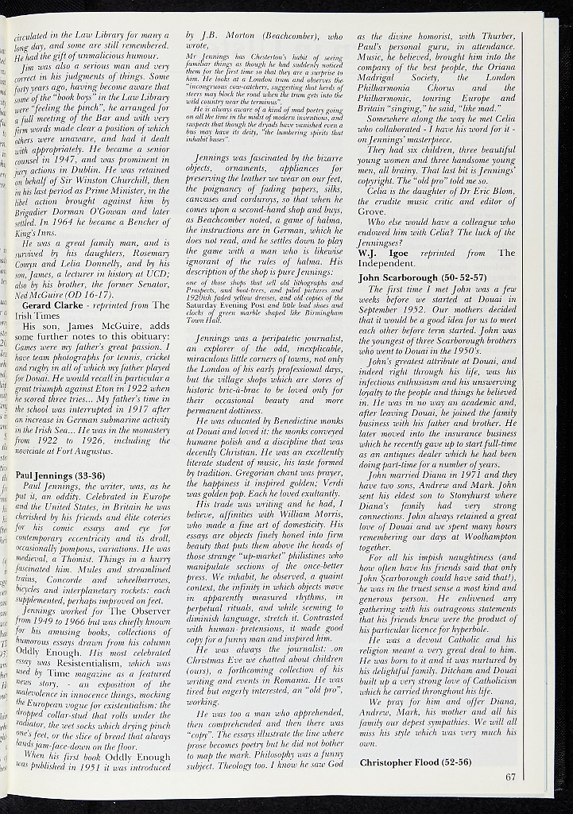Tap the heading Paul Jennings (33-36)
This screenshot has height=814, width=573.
click(60, 475)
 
